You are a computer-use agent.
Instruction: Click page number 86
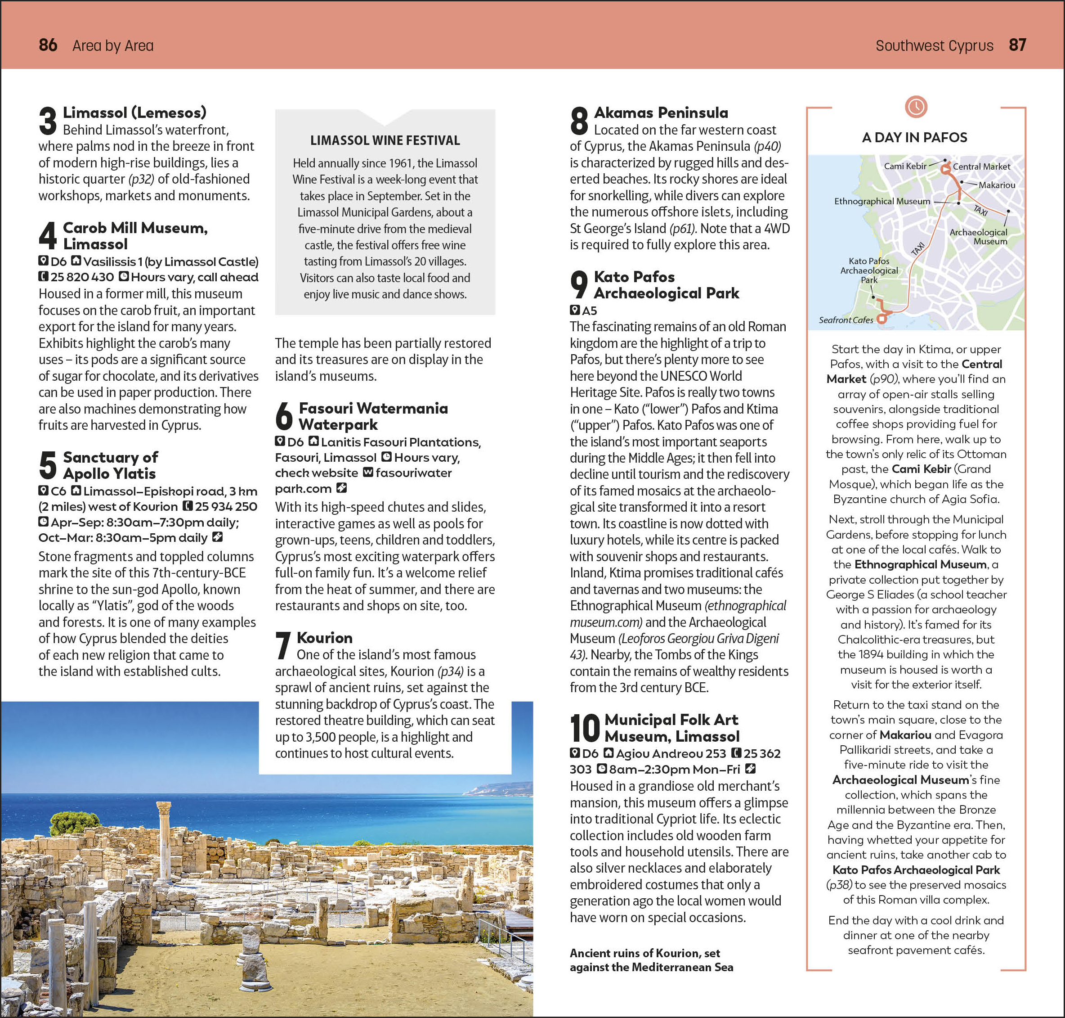tap(48, 45)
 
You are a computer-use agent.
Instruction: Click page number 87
tap(1017, 45)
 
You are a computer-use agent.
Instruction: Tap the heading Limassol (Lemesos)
tap(134, 113)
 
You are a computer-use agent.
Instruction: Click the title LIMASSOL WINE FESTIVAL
tap(385, 140)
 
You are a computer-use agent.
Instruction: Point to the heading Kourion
tap(324, 638)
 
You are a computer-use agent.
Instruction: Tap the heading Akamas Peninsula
tap(661, 113)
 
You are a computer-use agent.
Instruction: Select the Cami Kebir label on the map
tap(905, 166)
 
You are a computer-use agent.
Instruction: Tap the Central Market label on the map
tap(981, 167)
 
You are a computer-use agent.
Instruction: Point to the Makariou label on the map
tap(997, 185)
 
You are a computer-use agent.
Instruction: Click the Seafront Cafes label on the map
tap(846, 320)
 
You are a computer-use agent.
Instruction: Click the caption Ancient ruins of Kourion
tap(651, 960)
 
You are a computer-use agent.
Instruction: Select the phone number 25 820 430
tap(82, 277)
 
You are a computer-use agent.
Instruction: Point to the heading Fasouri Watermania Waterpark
tap(373, 416)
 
